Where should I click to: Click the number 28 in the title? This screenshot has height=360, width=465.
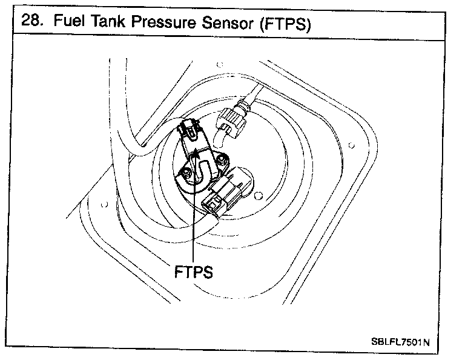click(x=30, y=20)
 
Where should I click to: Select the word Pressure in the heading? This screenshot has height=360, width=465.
click(x=163, y=22)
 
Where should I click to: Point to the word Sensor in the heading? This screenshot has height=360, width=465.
click(x=228, y=23)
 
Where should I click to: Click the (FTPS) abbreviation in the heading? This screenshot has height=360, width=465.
click(x=285, y=24)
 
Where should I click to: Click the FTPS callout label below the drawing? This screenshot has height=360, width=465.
click(x=193, y=272)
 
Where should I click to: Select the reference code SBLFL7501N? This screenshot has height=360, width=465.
click(x=400, y=342)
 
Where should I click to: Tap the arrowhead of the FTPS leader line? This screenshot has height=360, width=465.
click(x=196, y=155)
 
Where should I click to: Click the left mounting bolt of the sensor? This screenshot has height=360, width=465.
click(x=186, y=172)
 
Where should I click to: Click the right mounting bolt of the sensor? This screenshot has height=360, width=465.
click(x=221, y=160)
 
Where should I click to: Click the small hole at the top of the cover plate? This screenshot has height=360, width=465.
click(x=220, y=64)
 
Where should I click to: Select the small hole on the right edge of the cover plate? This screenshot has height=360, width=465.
click(x=351, y=145)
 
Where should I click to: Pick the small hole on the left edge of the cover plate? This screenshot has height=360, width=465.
click(x=104, y=204)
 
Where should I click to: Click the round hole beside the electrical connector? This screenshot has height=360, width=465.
click(x=259, y=196)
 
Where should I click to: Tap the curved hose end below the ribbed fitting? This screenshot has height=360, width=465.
click(x=219, y=137)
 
